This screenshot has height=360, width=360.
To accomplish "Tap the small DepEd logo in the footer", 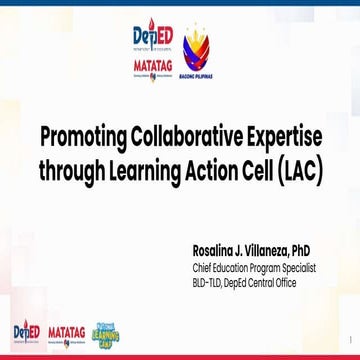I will tap(24, 332).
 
